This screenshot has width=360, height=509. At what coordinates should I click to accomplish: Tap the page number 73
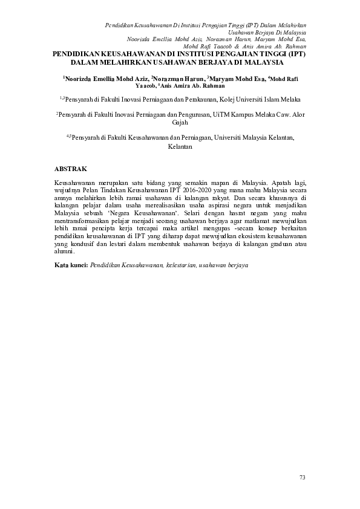pyautogui.click(x=303, y=478)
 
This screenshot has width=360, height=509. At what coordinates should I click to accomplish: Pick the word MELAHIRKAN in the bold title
pyautogui.click(x=124, y=62)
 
